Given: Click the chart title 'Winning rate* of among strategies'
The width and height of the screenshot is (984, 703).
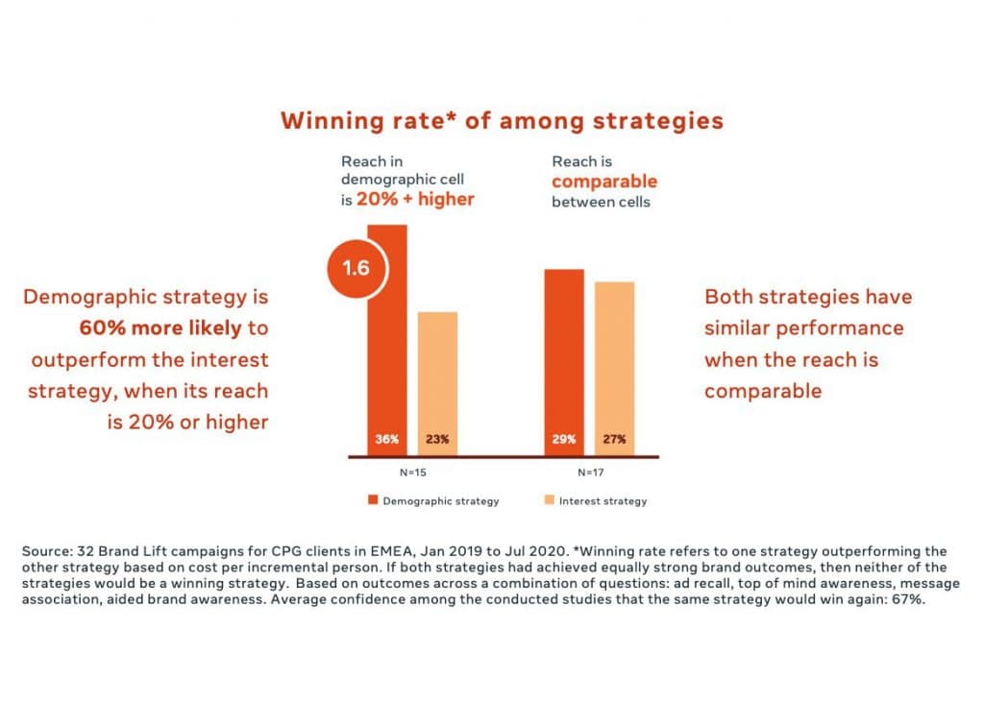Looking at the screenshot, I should (x=502, y=121).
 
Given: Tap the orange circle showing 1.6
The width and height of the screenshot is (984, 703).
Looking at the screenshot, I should (x=357, y=268).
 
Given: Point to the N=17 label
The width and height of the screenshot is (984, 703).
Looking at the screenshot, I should (x=589, y=473).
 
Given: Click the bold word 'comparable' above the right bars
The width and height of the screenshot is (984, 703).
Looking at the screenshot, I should (x=604, y=182).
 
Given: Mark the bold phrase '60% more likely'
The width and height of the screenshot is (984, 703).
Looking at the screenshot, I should (x=160, y=328).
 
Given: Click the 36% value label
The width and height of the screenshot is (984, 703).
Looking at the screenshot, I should (x=386, y=440).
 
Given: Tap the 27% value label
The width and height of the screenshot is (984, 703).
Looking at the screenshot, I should (x=614, y=440).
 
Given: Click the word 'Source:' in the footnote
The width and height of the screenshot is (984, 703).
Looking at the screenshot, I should (x=48, y=551).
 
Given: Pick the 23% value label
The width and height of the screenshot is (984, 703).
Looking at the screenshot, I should (x=437, y=440).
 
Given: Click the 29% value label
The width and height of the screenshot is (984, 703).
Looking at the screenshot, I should (x=564, y=440).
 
